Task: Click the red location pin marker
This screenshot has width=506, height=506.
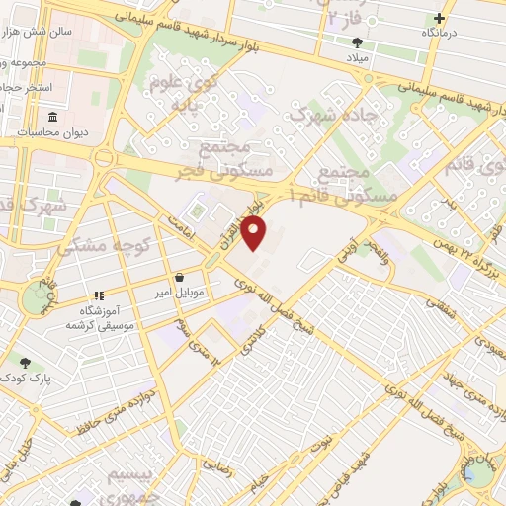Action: click(255, 234)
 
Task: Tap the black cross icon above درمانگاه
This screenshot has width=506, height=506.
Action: click(439, 18)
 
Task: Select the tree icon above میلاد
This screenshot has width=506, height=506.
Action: click(357, 42)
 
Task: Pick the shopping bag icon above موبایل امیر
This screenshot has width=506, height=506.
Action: click(178, 278)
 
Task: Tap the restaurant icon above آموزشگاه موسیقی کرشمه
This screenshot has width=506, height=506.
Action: click(98, 295)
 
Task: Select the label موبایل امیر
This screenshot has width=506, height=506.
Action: click(179, 294)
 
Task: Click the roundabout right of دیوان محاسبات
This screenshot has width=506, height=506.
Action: click(102, 157)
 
